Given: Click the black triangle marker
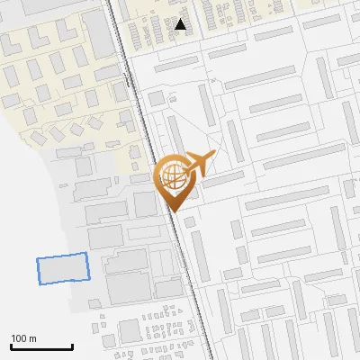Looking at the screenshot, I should (181, 25).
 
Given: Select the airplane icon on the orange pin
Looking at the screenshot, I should (198, 164).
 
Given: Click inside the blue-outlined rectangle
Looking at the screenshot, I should (64, 269).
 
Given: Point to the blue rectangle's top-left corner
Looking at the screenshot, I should (37, 260).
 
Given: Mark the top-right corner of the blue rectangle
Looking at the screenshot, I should (88, 254).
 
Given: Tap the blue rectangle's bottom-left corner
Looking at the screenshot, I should (40, 284).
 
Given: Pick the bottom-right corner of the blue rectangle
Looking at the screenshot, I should (92, 279).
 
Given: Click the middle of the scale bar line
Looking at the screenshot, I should (41, 346).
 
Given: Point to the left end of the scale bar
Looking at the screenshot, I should (11, 346).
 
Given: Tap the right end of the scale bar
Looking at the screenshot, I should (72, 346).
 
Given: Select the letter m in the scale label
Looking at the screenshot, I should (33, 338).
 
